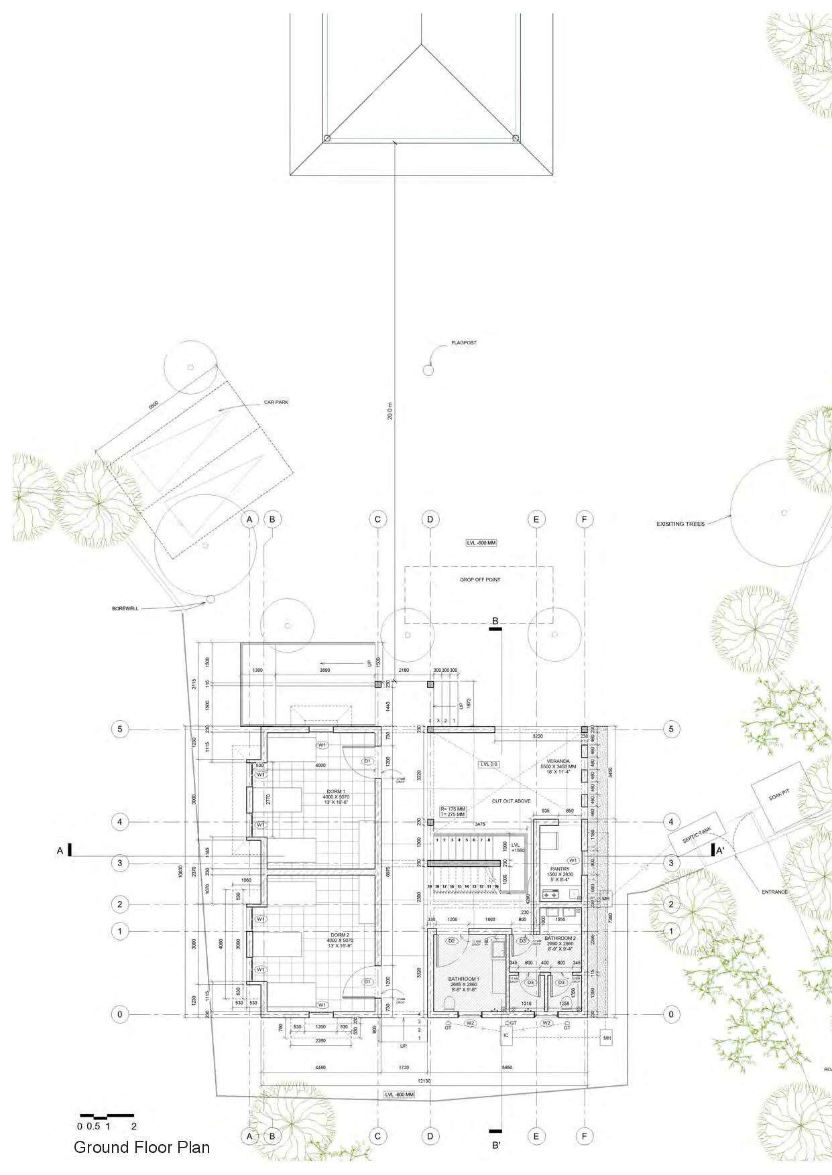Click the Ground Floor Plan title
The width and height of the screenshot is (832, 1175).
pos(141,1147)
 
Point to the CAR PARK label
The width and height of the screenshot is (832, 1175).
pos(276,403)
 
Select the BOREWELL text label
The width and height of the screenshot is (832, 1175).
pos(125,609)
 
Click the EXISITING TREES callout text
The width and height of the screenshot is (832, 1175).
pos(681,524)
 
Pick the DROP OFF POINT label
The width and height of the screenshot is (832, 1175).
pos(479,579)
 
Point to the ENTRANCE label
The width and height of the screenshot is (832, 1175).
pos(774,892)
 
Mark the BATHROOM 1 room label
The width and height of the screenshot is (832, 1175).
pos(466,979)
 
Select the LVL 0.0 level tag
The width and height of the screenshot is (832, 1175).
pos(490,764)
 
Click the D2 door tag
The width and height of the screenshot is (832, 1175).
pos(451,941)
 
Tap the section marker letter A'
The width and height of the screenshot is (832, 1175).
pos(720,851)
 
